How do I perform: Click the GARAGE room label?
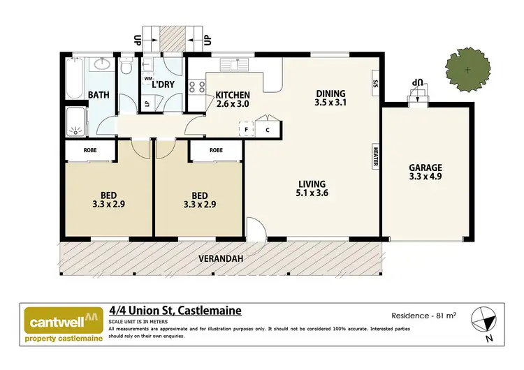pos(425,168)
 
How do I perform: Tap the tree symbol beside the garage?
pos(467,70)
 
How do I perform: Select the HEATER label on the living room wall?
pos(375,158)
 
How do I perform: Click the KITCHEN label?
pos(233,96)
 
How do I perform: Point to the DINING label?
pos(330,94)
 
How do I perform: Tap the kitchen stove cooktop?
pos(197,87)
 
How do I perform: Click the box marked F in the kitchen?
pos(247,129)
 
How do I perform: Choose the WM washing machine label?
pos(148,79)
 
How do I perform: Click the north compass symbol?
pos(481,321)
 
